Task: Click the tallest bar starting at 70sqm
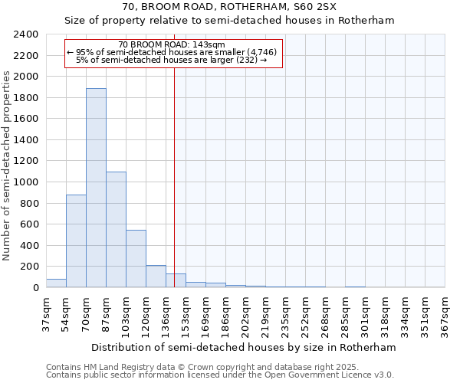(x=96, y=188)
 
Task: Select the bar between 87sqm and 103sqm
(x=116, y=230)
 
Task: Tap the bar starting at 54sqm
(x=76, y=241)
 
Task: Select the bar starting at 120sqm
(x=156, y=277)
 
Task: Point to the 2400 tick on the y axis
(x=25, y=34)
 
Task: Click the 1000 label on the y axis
(x=25, y=182)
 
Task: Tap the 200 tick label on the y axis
(x=28, y=267)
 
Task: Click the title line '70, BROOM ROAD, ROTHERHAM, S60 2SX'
(x=228, y=7)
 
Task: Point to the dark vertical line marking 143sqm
(x=175, y=191)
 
